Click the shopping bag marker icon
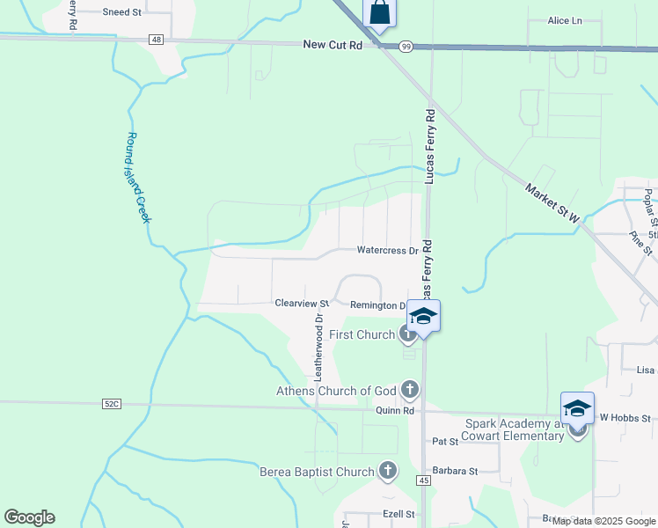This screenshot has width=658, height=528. pyautogui.click(x=379, y=13)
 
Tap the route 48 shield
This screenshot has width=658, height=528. pyautogui.click(x=156, y=40)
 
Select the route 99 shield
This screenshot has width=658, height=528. pyautogui.click(x=404, y=47)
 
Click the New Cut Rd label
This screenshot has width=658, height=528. pyautogui.click(x=333, y=44)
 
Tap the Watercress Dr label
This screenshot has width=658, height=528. pyautogui.click(x=387, y=251)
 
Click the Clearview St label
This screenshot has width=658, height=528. pyautogui.click(x=301, y=303)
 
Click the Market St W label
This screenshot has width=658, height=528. pyautogui.click(x=552, y=203)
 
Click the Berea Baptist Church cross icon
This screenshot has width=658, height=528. pyautogui.click(x=387, y=471)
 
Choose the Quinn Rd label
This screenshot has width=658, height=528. pyautogui.click(x=396, y=410)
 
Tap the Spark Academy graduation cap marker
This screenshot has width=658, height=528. pyautogui.click(x=577, y=408)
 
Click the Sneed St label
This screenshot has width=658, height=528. pyautogui.click(x=121, y=12)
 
